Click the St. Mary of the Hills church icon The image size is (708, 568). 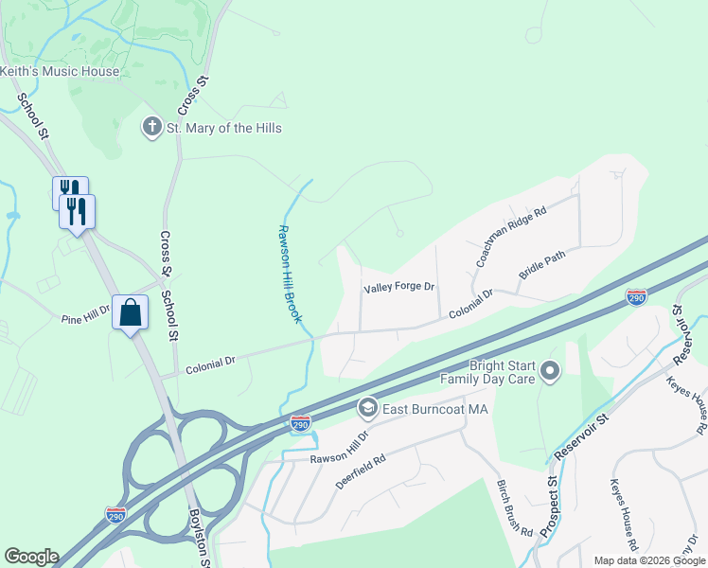pos(151,128)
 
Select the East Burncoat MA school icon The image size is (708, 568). pos(367,409)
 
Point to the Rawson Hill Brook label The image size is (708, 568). pos(290,274)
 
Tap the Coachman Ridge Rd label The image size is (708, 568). pos(511,237)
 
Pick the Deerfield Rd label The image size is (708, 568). pos(361,470)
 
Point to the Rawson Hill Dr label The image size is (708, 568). pos(338,449)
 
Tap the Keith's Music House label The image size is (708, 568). pos(60,71)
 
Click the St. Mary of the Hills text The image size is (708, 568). pos(224,128)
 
